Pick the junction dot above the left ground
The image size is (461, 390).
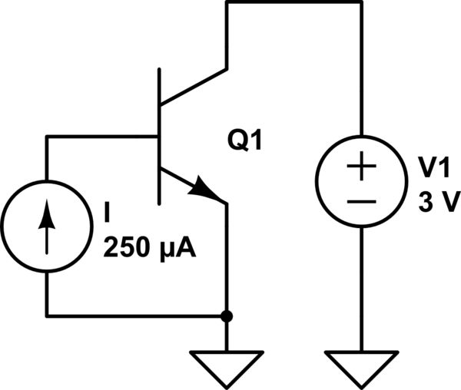click(227, 316)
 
